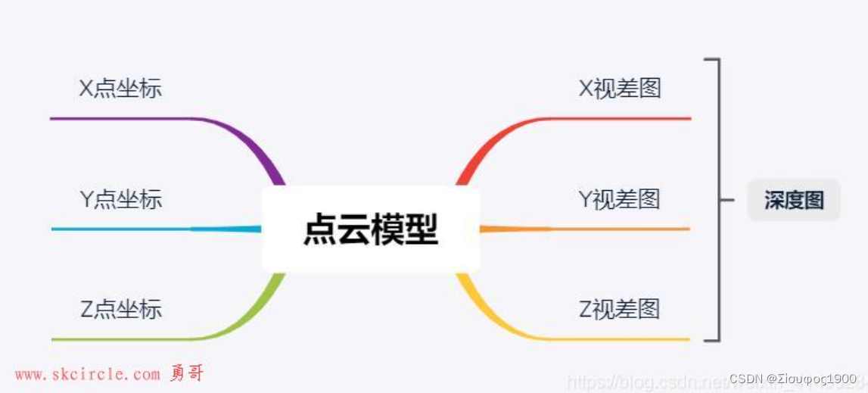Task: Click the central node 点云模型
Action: point(370,229)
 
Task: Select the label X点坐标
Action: point(120,89)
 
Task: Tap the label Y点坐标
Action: point(121,199)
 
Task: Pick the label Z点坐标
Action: point(121,309)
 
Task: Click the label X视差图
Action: point(620,89)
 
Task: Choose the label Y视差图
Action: point(620,199)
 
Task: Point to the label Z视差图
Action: point(620,309)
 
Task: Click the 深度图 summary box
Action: point(794,200)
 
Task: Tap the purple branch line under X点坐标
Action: point(121,118)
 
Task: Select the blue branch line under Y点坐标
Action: point(121,229)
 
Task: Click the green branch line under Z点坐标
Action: point(121,338)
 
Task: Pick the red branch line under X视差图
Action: point(621,118)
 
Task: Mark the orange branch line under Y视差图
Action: point(621,229)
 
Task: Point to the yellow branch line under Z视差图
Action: point(621,338)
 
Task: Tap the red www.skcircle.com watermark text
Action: point(88,375)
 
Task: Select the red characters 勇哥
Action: point(187,373)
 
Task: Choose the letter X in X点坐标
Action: point(86,89)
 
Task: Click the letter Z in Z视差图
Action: point(585,309)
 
